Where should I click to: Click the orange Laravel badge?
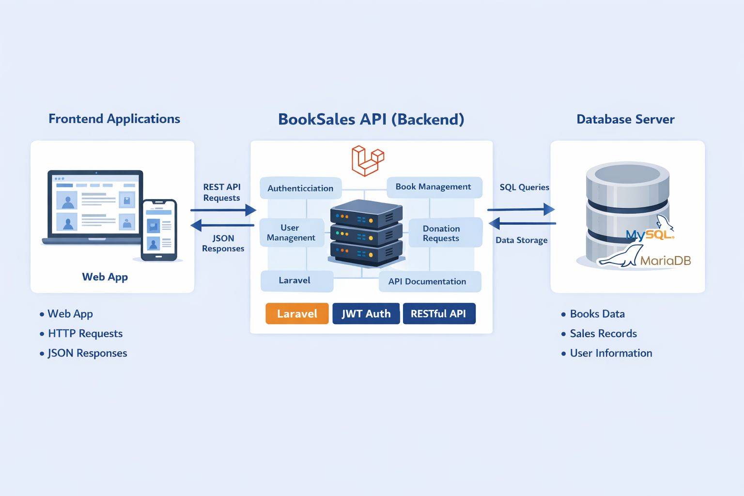point(297,313)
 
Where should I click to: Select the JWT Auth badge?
point(366,313)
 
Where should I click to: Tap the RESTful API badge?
point(439,313)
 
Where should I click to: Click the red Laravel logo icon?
point(367,160)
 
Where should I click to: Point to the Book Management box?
point(434,187)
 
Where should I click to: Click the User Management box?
point(291,232)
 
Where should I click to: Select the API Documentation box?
point(429,281)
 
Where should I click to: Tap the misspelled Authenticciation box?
point(300,188)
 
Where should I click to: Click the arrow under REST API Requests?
point(223,210)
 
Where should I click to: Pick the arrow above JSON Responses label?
point(223,225)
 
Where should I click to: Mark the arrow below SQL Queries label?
point(521,209)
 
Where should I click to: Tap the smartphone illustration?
point(159,230)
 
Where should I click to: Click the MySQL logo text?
point(649,235)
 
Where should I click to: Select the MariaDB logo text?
point(665,261)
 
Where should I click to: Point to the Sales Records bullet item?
point(603,333)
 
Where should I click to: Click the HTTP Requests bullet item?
point(85,333)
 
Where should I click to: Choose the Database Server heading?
point(625,119)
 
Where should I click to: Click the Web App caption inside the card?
point(105,277)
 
